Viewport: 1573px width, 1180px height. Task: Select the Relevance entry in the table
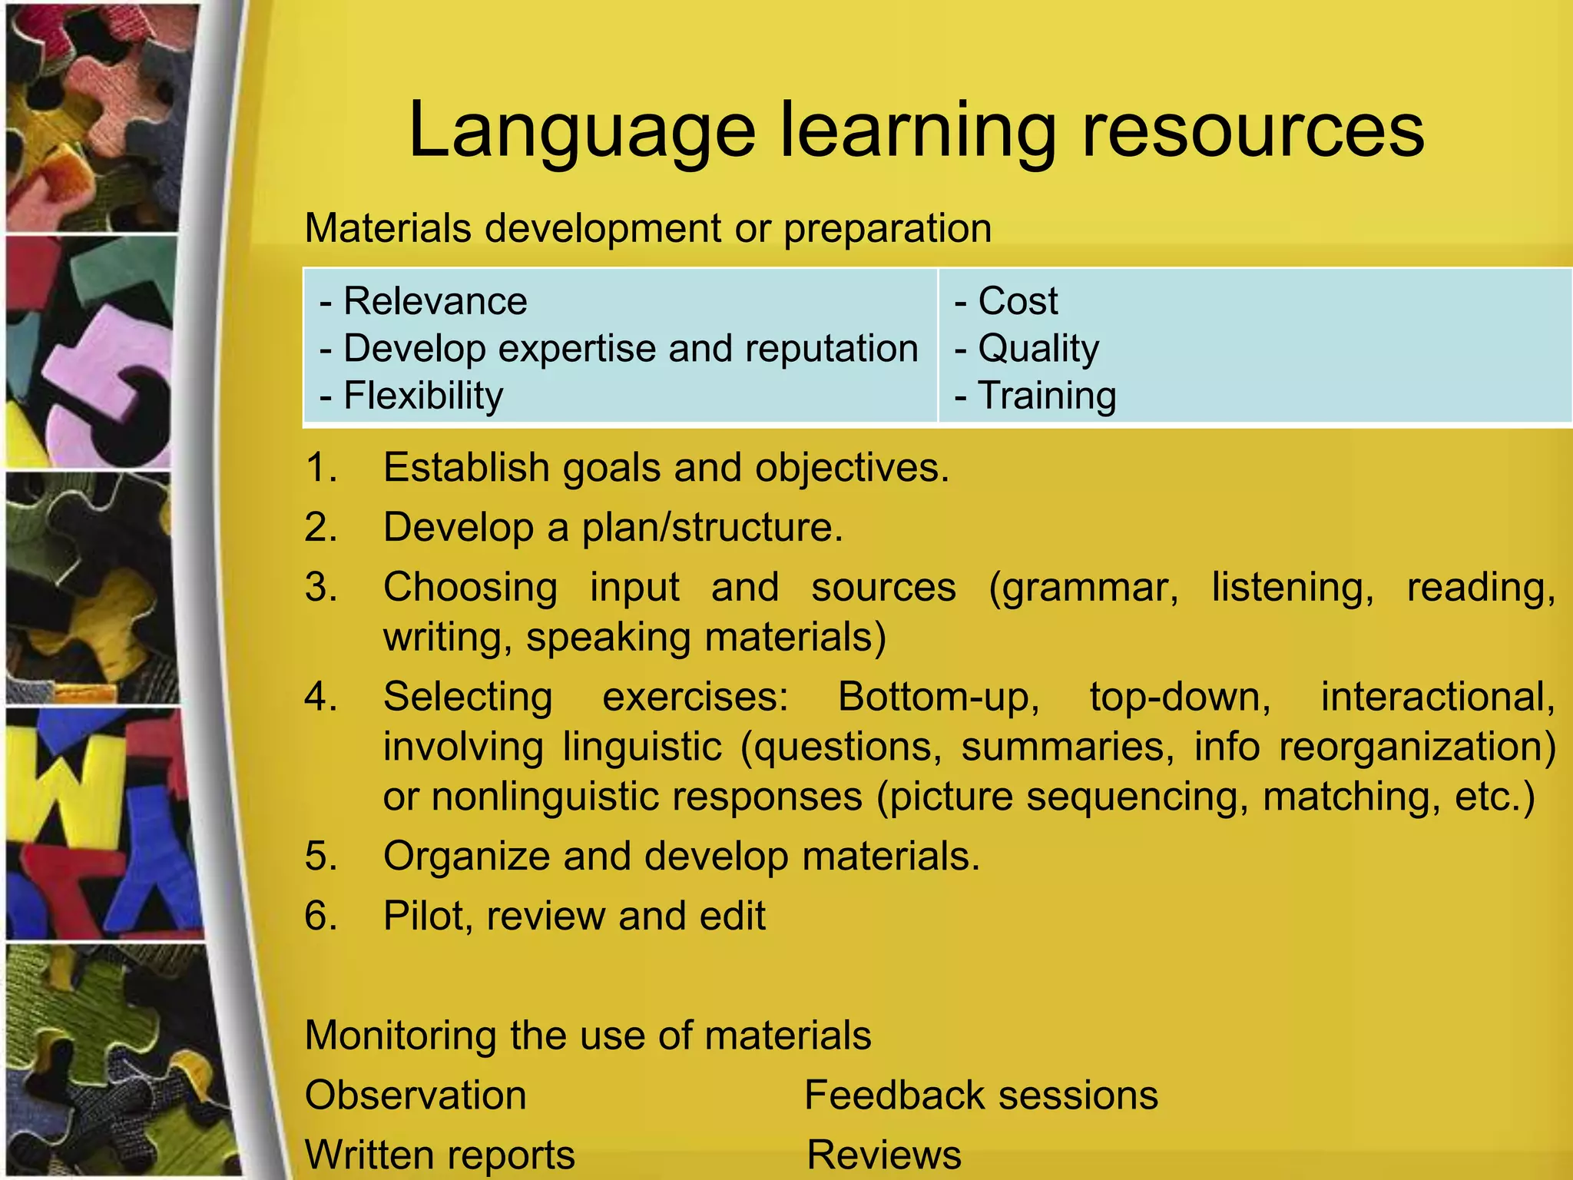point(435,301)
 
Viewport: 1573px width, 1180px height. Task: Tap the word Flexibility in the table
point(423,396)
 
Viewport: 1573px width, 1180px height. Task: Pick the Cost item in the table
point(1017,301)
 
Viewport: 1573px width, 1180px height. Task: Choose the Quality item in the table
point(1038,349)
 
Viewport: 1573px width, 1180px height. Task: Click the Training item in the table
point(1046,396)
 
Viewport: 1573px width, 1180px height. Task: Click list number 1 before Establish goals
point(320,468)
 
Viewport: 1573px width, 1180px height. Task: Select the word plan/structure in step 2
point(711,529)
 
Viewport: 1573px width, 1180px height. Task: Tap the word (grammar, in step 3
point(1083,588)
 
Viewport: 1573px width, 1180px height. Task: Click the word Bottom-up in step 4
point(938,698)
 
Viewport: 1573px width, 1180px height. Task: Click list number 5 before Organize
point(320,857)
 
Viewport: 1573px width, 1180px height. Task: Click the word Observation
point(416,1095)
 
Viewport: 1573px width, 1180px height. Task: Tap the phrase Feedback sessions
point(981,1095)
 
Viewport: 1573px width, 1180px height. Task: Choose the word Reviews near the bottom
point(884,1155)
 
